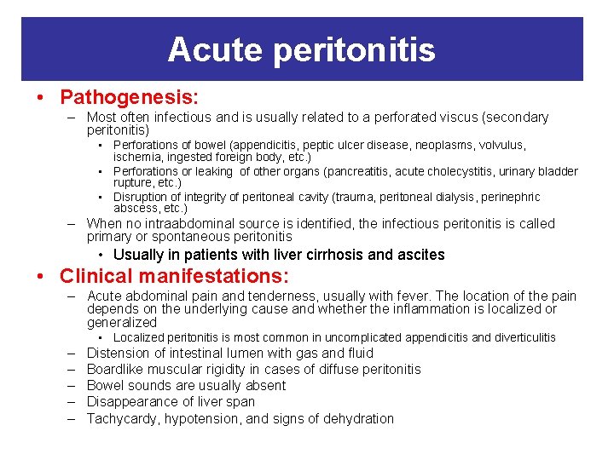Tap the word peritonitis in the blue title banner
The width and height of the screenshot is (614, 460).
coord(355,51)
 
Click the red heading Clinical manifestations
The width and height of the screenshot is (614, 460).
coord(174,276)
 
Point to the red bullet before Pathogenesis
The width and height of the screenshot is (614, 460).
coord(42,98)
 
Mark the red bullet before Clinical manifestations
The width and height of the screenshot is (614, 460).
coord(42,277)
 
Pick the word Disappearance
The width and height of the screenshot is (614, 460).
coord(129,402)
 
